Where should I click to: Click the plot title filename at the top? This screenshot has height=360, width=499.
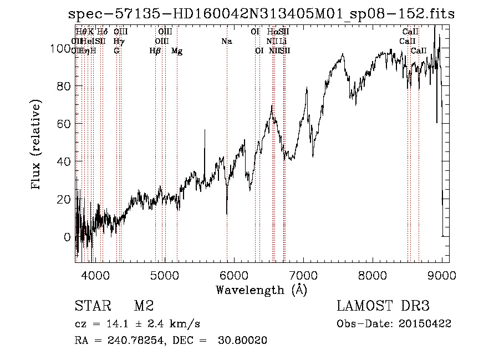coord(261,14)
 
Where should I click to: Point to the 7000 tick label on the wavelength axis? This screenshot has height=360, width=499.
coord(303,275)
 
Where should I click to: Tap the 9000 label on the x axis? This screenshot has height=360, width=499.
coord(442,275)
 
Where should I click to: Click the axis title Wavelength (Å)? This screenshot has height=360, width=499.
coord(261,290)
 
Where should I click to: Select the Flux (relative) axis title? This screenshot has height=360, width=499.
coord(37,146)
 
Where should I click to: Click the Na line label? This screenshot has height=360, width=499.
coord(226,42)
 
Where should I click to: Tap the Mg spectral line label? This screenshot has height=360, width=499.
coord(177,51)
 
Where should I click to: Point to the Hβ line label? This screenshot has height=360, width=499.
coord(155,51)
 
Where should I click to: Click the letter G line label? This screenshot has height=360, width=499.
coord(116,51)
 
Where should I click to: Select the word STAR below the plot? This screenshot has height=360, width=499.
coord(92,307)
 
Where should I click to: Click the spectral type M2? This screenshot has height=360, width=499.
coord(143,307)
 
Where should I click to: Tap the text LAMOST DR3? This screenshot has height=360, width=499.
coord(383,307)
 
